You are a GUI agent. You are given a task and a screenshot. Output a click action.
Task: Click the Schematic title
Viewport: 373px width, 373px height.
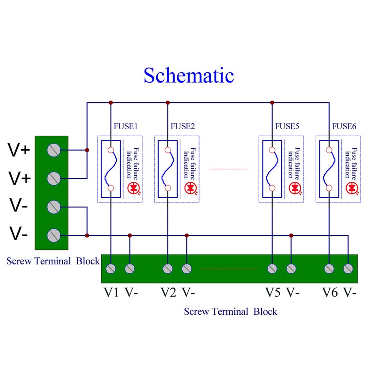(x=188, y=75)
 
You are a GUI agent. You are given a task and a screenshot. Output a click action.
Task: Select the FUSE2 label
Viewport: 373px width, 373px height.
(x=183, y=126)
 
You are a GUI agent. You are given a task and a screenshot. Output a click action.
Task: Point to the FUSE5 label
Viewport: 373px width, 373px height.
(x=287, y=126)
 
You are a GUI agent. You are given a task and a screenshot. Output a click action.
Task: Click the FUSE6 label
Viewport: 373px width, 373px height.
(x=344, y=126)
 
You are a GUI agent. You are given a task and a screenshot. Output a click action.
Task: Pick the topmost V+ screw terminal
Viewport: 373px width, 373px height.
(x=54, y=150)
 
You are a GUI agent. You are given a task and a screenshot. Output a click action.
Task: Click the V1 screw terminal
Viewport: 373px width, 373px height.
(x=111, y=269)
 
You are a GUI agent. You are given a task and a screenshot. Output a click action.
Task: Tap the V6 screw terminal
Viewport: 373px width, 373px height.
(x=329, y=269)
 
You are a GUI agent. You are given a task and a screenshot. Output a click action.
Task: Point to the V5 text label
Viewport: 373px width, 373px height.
(x=273, y=293)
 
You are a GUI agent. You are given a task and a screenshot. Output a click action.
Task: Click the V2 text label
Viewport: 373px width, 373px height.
(x=168, y=293)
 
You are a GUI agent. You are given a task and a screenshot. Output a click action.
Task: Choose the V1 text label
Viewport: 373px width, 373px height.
(x=111, y=293)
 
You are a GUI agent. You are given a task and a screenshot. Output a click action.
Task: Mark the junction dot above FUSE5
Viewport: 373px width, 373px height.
(x=272, y=102)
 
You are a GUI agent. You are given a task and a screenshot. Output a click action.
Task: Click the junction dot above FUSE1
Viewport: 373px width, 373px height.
(x=111, y=102)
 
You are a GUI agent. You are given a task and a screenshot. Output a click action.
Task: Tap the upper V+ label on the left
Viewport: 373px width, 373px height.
(x=19, y=150)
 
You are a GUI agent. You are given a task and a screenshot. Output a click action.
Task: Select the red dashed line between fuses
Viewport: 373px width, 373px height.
(x=229, y=169)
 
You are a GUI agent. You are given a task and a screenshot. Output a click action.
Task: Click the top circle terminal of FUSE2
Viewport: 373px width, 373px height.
(x=167, y=150)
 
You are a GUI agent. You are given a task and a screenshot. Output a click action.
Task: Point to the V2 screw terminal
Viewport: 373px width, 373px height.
(x=167, y=269)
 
